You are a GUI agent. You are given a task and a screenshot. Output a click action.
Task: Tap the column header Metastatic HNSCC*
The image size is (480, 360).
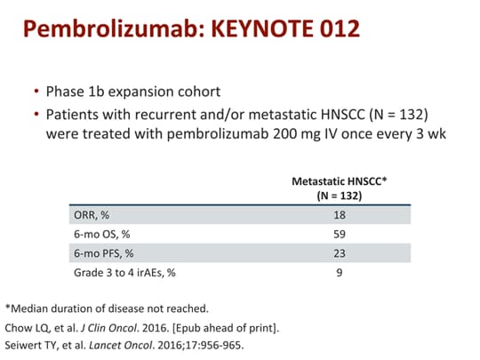[x=340, y=180]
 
